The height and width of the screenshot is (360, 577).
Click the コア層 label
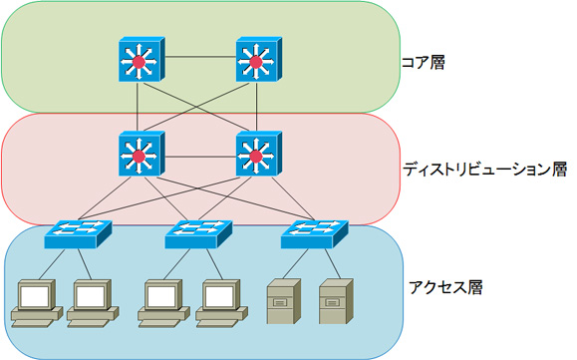(425, 62)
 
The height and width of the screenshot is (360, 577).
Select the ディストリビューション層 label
(485, 170)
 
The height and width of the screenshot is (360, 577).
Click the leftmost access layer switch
(78, 235)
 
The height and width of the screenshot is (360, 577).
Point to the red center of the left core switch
(140, 64)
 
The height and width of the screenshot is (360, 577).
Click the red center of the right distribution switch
(256, 158)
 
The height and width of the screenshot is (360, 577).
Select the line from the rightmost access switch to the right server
(326, 264)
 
